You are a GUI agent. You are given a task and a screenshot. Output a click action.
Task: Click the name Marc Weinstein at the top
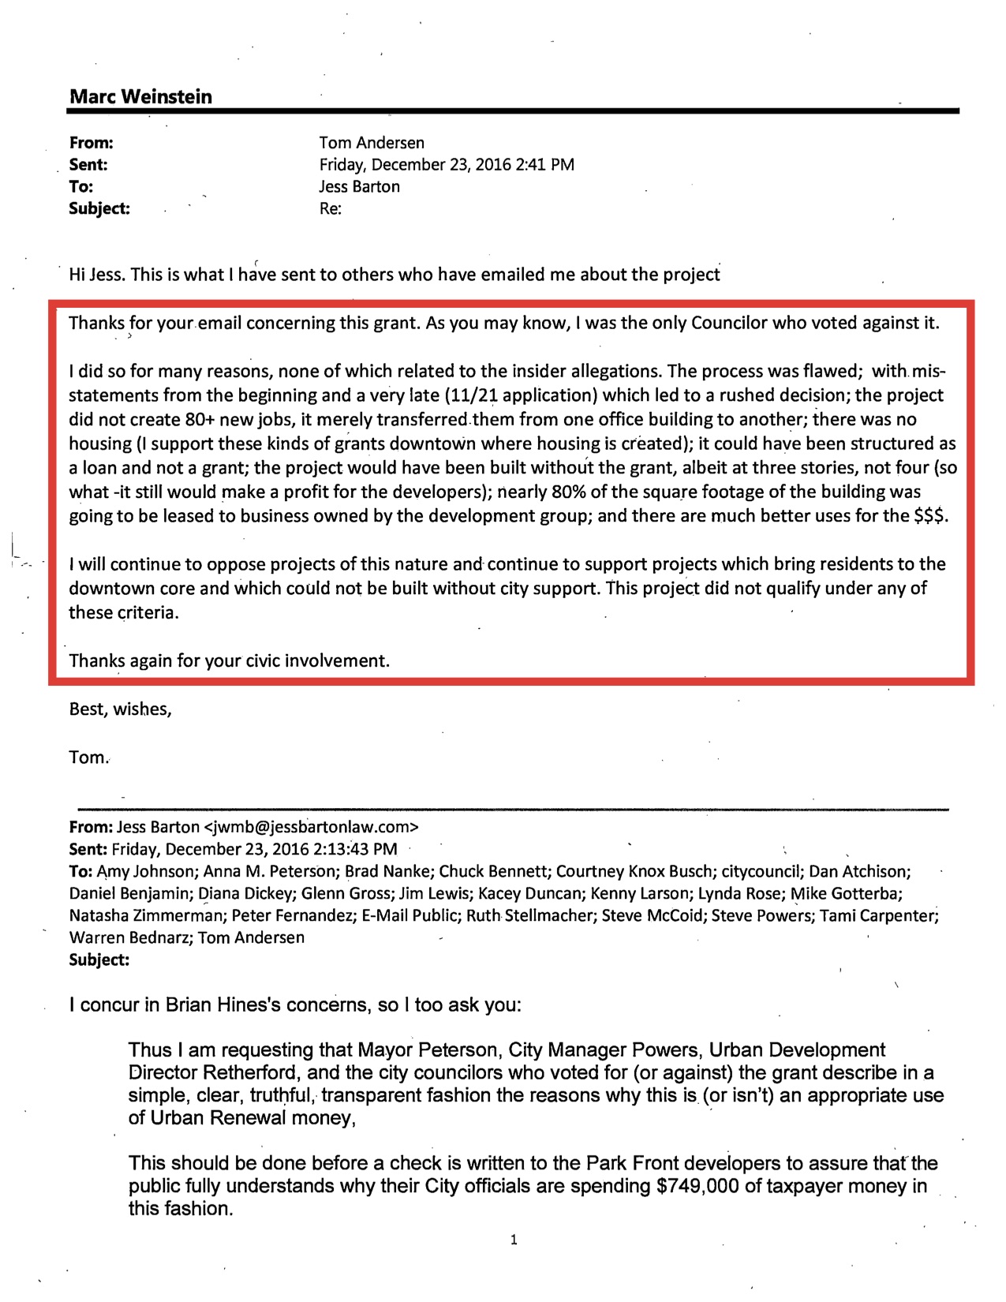140,97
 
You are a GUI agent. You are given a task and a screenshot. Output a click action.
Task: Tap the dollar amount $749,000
697,1186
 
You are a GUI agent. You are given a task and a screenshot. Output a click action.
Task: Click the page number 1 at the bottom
514,1240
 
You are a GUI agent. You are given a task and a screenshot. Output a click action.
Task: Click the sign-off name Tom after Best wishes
87,758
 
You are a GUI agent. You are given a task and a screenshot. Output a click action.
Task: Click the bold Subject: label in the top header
99,209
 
